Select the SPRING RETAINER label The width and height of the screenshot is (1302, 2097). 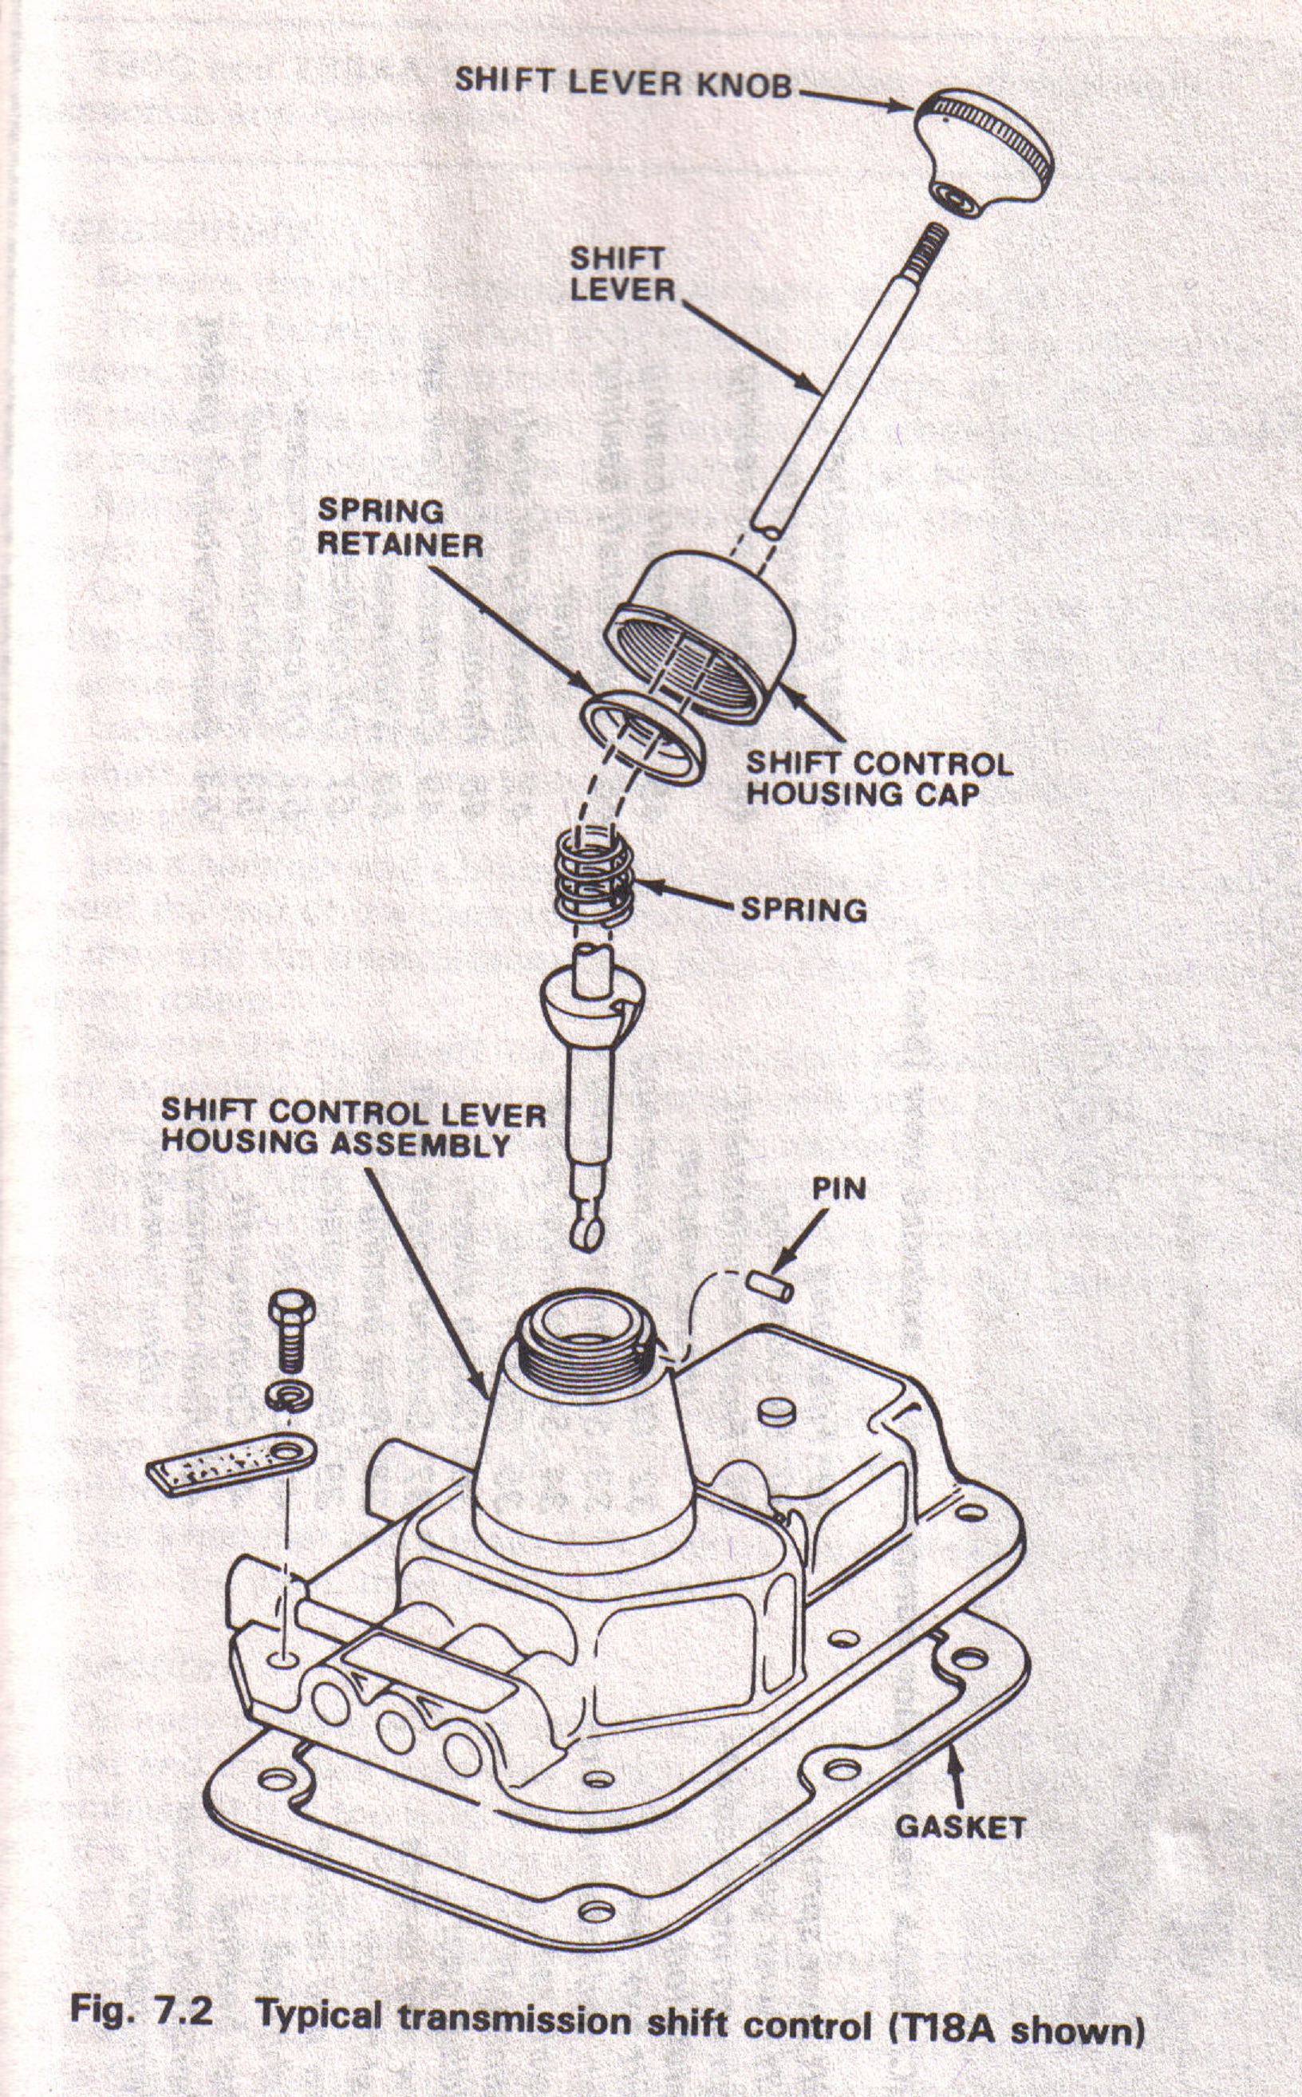click(400, 528)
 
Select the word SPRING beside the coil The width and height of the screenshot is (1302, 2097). click(803, 910)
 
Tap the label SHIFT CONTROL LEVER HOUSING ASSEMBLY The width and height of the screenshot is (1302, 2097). click(353, 1128)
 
